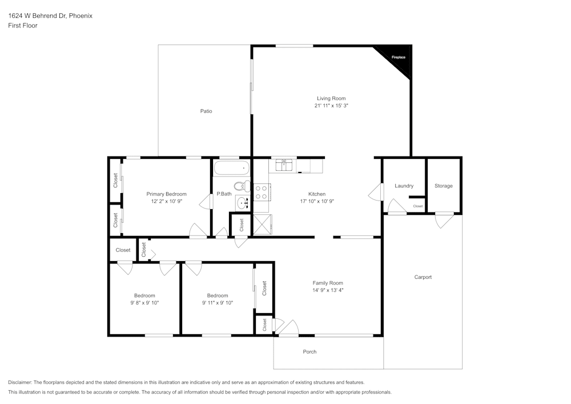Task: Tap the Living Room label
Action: (331, 98)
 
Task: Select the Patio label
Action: (206, 111)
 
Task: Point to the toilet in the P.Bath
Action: (242, 186)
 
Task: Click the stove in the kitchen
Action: (262, 192)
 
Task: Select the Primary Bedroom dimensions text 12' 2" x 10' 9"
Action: (166, 201)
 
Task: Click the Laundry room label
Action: (404, 186)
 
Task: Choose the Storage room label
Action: (444, 186)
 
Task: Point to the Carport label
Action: (423, 277)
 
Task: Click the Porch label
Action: (309, 351)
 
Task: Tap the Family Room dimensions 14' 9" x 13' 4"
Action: (328, 290)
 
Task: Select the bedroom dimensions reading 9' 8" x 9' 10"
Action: (144, 303)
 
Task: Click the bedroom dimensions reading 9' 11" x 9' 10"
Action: (218, 303)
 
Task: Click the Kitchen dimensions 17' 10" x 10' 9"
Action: (317, 201)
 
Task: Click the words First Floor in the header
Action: (23, 26)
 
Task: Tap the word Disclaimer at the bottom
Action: (20, 382)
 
